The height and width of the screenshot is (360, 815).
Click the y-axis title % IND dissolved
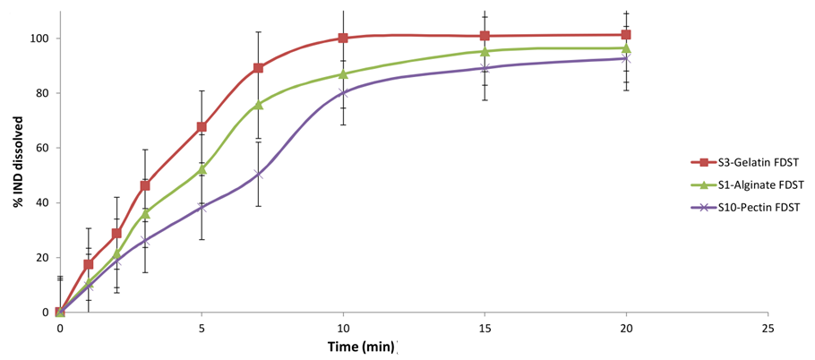coord(17,162)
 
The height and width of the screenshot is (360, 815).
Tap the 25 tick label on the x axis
coord(768,328)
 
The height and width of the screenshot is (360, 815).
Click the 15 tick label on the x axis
coord(485,328)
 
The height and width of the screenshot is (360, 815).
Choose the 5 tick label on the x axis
coord(202,328)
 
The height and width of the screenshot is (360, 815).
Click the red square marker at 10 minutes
coord(343,39)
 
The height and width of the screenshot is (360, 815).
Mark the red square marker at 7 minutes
coord(258,68)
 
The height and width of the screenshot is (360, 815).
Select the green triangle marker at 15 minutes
coord(485,51)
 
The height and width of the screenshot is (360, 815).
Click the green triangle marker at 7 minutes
coord(258,105)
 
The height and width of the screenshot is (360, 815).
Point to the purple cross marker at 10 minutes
coord(343,93)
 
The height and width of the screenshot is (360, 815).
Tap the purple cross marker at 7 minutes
coord(258,175)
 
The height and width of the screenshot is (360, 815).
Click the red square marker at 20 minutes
coord(626,35)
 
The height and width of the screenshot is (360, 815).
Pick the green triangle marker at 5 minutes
coord(202,169)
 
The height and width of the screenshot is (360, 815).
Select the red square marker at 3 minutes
coord(145,185)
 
